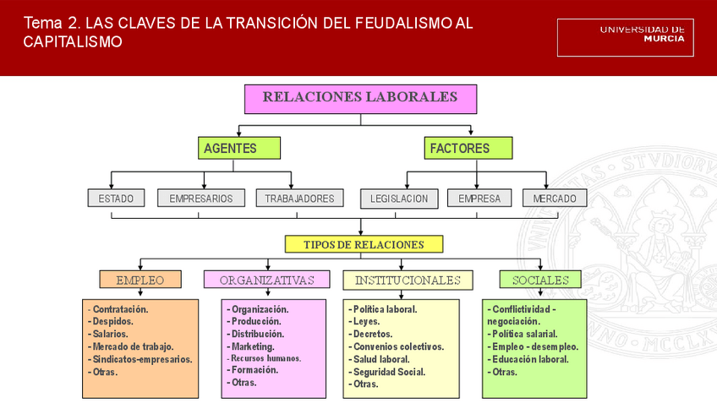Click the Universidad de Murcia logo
625,37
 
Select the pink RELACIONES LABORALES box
360,98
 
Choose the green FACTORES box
468,148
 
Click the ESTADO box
116,199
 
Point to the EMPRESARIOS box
200,199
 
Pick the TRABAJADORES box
299,199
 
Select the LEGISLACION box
399,199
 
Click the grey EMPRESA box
479,199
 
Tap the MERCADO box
555,199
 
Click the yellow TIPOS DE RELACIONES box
364,244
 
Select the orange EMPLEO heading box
140,280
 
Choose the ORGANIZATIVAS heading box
266,280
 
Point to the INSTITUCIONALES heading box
408,280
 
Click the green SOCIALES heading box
540,280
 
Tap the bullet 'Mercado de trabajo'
133,346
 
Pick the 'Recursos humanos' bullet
265,358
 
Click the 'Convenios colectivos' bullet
398,346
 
